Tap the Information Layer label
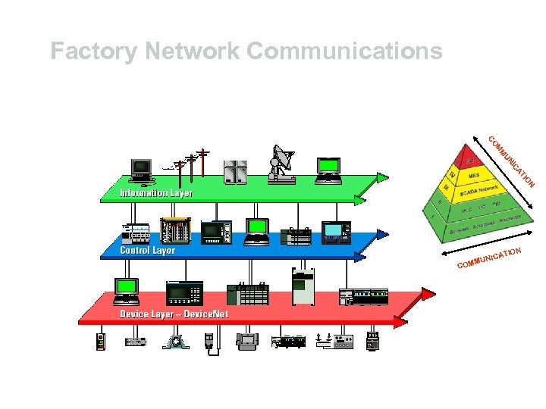tap(156, 193)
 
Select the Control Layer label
tap(147, 250)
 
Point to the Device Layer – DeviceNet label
tap(174, 314)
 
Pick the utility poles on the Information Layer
tap(190, 164)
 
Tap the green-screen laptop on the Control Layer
tap(257, 231)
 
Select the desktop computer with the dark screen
tap(141, 170)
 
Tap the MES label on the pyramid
tap(474, 176)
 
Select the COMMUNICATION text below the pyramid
tap(489, 258)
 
